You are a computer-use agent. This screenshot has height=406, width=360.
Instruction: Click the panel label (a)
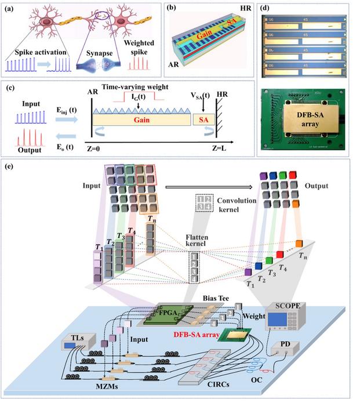(x=11, y=8)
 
